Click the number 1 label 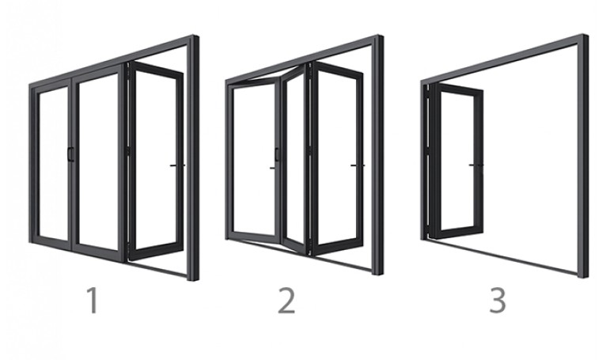point(93,300)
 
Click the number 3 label point(498,300)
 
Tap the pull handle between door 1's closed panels point(70,153)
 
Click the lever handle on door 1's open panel point(177,165)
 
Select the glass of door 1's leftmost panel point(54,164)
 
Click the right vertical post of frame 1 point(193,158)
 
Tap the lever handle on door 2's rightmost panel point(358,165)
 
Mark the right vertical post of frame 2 point(378,155)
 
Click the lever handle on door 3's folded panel point(476,165)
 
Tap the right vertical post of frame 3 point(583,157)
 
